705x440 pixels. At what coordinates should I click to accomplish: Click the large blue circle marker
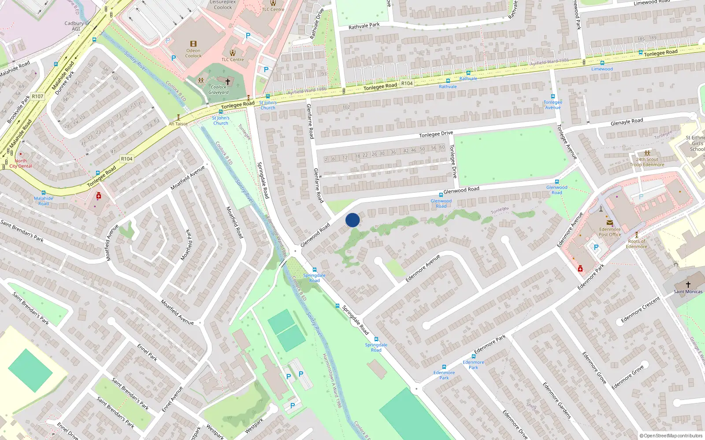pos(352,220)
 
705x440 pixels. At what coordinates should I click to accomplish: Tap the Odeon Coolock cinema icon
pos(193,44)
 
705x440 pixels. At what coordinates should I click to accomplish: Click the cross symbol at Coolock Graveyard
pos(228,81)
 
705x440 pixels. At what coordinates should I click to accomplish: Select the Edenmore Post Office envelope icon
pos(610,223)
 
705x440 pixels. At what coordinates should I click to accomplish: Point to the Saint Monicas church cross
pos(688,285)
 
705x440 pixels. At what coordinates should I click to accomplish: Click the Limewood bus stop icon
pos(602,63)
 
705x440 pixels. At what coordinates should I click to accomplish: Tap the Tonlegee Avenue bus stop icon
pos(553,96)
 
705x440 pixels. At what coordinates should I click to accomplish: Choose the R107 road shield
pos(37,96)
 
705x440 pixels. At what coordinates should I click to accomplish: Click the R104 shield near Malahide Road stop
pos(126,159)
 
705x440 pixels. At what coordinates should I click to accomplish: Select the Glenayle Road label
pos(627,121)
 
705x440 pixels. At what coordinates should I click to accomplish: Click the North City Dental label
pos(21,163)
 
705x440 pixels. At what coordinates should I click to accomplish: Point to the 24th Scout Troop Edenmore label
pos(647,162)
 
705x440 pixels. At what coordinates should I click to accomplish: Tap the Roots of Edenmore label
pos(636,244)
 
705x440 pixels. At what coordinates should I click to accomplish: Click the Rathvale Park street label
pos(364,26)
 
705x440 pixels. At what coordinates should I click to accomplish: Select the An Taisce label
pos(178,124)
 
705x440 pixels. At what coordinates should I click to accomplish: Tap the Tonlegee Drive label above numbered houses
pos(436,134)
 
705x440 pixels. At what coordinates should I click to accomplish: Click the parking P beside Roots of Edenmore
pos(596,247)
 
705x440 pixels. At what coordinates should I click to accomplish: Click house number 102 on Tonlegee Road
pos(346,107)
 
